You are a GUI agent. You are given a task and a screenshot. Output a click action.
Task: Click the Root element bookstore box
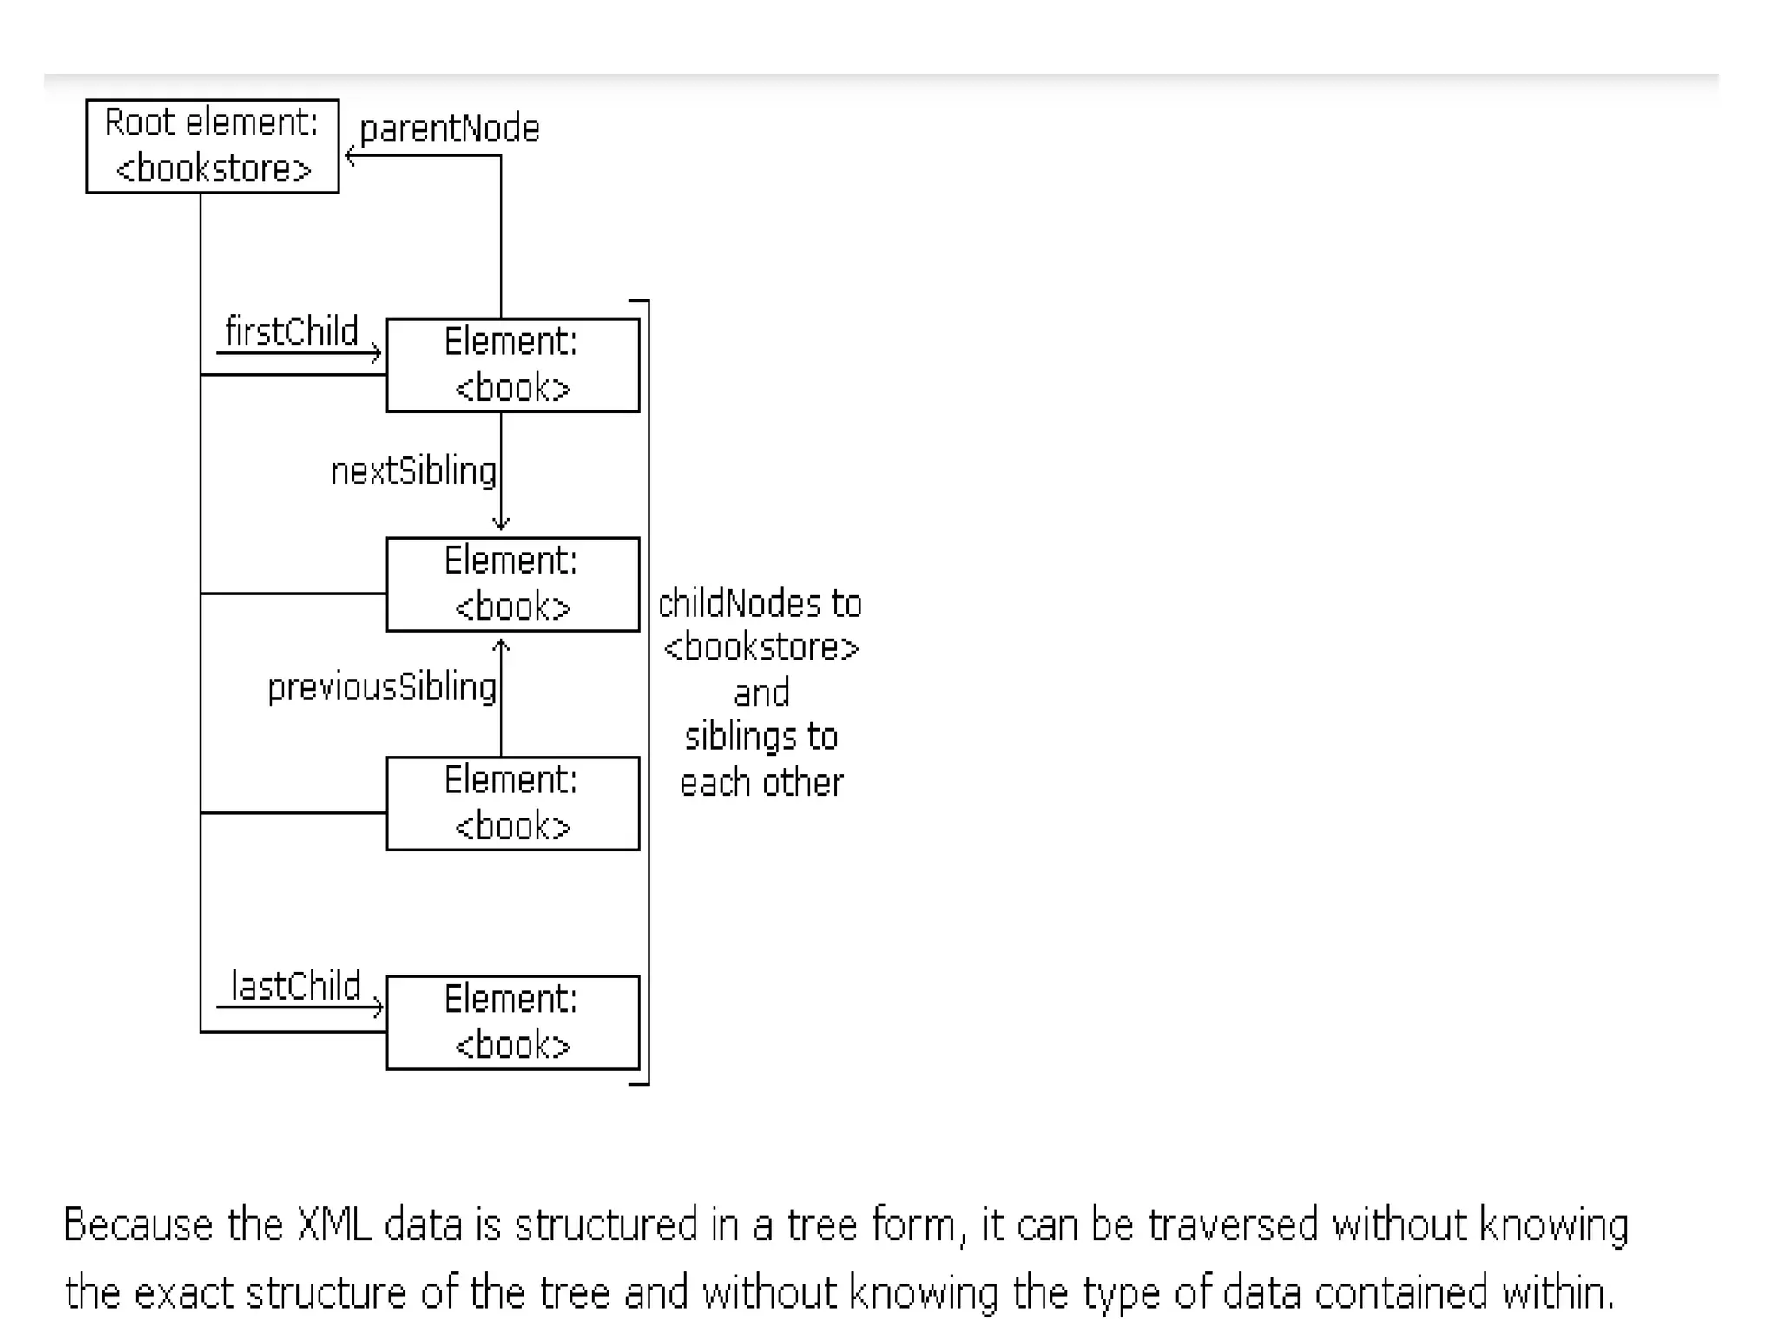[212, 146]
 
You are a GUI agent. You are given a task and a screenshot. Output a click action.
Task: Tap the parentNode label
[449, 129]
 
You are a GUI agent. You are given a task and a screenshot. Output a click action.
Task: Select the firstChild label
[291, 332]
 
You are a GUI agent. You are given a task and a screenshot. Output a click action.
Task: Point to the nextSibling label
[413, 471]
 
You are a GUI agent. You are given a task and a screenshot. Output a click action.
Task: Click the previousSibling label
[382, 687]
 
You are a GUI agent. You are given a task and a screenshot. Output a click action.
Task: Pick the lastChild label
[295, 986]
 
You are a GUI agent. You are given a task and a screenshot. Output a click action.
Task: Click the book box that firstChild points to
[512, 365]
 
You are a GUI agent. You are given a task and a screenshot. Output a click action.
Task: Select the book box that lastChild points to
[512, 1022]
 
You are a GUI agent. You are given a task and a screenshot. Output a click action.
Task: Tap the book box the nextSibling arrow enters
[512, 584]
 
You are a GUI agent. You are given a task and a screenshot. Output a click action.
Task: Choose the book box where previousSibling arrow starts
[512, 804]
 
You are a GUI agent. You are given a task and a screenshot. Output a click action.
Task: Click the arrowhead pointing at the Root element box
[349, 156]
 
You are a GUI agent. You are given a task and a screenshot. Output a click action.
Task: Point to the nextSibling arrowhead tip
[501, 527]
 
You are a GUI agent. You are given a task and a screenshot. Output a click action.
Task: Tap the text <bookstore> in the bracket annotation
[761, 647]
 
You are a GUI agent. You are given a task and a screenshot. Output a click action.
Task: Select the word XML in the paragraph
[334, 1225]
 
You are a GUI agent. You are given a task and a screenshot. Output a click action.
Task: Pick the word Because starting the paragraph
[138, 1225]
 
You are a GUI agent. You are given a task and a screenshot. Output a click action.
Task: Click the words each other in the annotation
[761, 783]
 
